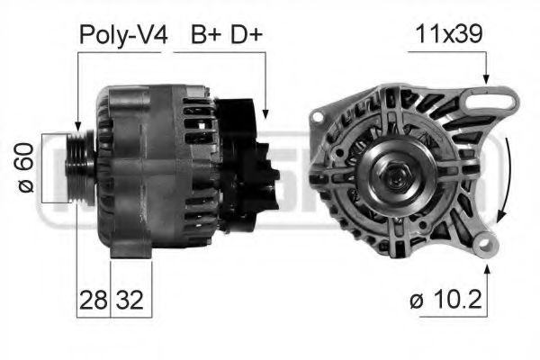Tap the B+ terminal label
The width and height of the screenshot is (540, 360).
(207, 35)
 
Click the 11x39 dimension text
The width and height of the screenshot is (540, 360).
(448, 35)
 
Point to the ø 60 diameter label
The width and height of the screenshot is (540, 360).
(26, 166)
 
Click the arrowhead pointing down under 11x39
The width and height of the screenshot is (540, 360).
(487, 81)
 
